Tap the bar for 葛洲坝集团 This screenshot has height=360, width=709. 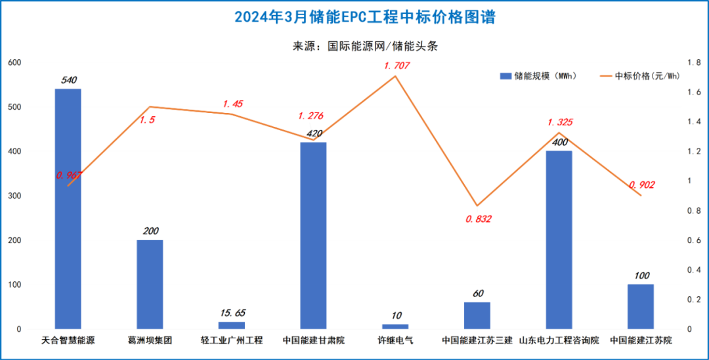150,284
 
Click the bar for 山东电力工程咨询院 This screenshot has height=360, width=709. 559,240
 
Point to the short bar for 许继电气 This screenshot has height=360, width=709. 395,326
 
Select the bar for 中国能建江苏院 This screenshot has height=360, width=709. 641,306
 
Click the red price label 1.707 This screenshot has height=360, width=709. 397,66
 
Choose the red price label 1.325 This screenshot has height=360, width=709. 560,122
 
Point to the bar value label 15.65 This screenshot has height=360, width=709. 231,313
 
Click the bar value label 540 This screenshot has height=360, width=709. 68,80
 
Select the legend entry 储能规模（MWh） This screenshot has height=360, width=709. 538,76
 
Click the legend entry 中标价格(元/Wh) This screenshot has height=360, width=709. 639,76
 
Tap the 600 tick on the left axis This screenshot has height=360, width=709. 14,62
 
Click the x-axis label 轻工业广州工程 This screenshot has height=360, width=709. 232,341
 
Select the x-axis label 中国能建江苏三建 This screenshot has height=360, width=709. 477,341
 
